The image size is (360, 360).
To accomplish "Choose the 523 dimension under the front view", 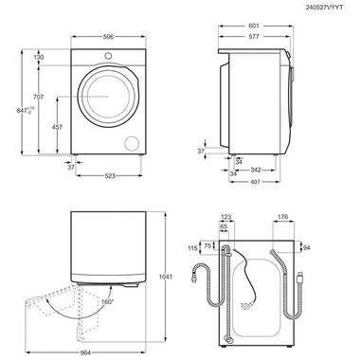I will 111,175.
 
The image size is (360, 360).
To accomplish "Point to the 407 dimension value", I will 256,182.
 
